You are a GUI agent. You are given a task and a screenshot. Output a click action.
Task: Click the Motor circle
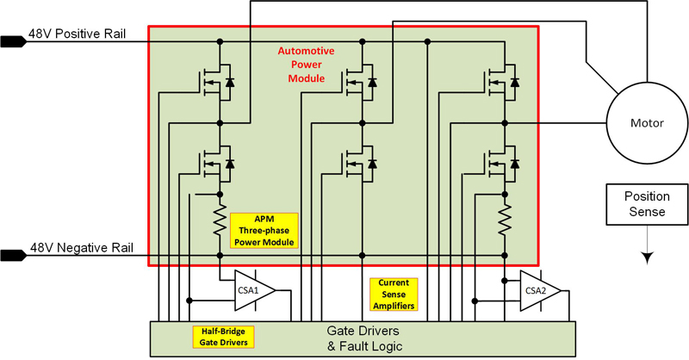[x=644, y=123]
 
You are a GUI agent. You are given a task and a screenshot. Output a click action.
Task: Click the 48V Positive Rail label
[x=79, y=35]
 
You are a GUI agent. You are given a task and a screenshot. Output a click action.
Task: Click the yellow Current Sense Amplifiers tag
[x=393, y=294]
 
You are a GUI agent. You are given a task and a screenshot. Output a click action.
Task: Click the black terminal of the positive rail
[x=13, y=40]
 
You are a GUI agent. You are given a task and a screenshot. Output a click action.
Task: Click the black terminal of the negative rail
[x=13, y=254]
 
